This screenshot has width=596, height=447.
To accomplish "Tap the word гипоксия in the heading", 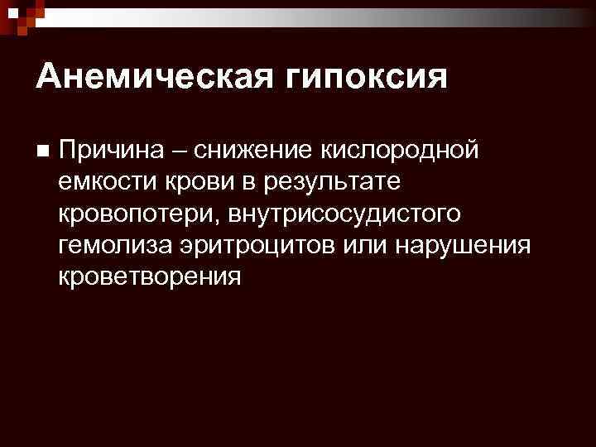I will (368, 77).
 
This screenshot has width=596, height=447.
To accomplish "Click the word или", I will (369, 244).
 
